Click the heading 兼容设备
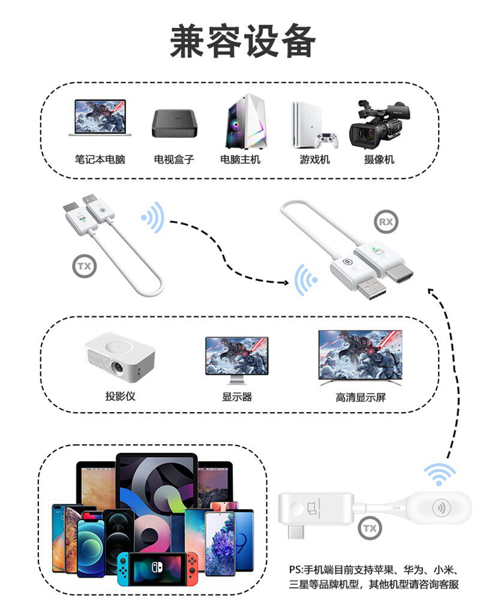coord(242,41)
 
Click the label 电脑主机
coord(240,160)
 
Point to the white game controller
coord(327,140)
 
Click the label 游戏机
coord(314,160)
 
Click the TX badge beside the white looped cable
coord(85,267)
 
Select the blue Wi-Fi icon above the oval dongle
coord(440,474)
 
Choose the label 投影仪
coord(120,396)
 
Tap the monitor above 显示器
coord(236,359)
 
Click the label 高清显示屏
coord(360,397)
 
